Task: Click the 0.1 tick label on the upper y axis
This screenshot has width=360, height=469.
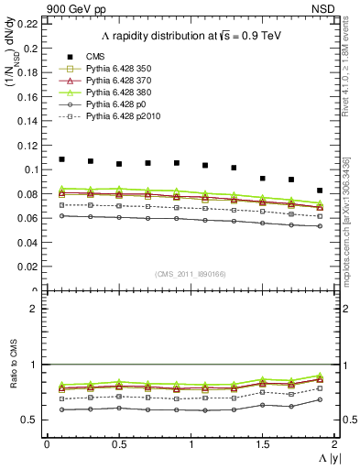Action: tap(31, 169)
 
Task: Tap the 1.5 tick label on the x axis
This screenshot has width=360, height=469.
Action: tap(262, 443)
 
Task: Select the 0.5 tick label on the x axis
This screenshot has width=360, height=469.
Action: tap(118, 443)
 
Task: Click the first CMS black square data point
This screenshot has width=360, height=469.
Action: tap(61, 159)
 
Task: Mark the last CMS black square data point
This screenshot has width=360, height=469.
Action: tap(320, 191)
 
